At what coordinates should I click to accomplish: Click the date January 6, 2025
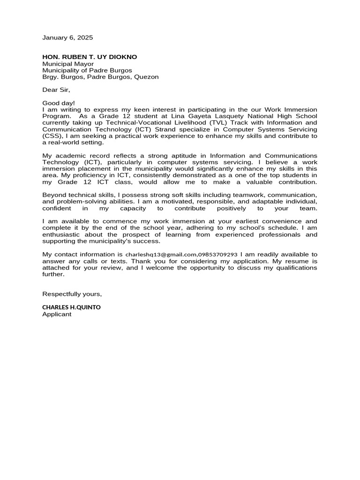(67, 37)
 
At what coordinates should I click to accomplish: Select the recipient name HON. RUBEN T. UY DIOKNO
(90, 57)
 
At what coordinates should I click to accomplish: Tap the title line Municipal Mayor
(68, 64)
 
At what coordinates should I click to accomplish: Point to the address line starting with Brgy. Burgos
(100, 77)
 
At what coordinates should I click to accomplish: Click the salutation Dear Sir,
(56, 90)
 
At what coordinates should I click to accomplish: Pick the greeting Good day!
(59, 103)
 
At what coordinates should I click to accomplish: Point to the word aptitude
(191, 156)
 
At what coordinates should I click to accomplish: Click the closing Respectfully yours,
(72, 294)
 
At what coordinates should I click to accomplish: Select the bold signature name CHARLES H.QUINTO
(71, 307)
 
